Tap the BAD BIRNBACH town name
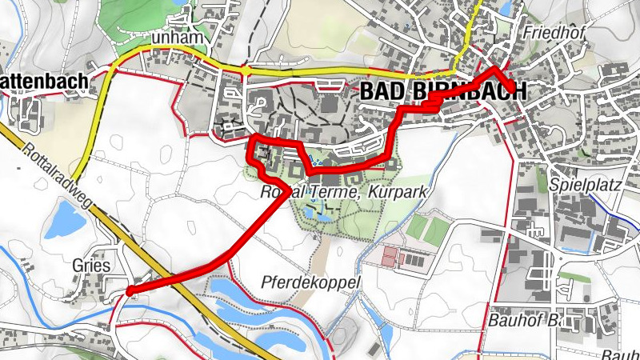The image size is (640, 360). [x=443, y=90]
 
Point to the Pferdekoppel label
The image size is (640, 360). [x=311, y=282]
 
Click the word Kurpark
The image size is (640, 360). [x=405, y=193]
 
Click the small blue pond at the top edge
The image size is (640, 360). [x=505, y=8]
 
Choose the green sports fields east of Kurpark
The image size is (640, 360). [x=427, y=230]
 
